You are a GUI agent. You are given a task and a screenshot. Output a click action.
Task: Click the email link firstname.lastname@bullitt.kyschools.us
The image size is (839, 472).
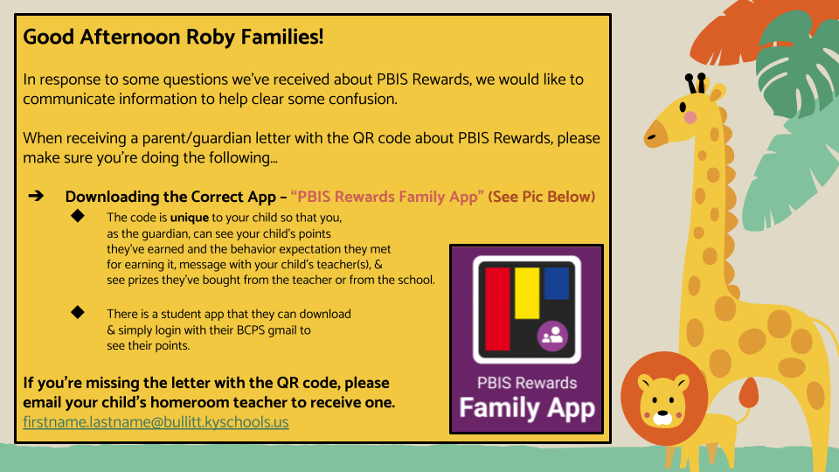click(x=156, y=421)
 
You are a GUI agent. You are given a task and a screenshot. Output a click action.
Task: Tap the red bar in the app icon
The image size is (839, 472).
click(x=497, y=309)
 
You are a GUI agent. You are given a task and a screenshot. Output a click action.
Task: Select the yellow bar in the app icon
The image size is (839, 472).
click(x=527, y=294)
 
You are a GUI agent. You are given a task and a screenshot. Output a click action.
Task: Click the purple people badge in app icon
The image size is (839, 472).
click(x=552, y=336)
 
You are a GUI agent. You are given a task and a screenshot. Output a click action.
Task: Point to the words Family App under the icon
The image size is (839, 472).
click(x=527, y=407)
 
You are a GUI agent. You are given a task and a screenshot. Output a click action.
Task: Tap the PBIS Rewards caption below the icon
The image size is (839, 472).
click(x=527, y=383)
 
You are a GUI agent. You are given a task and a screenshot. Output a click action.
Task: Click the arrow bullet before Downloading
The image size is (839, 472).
click(x=36, y=196)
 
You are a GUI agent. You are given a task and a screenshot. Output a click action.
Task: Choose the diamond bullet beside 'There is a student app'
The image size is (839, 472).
click(x=78, y=311)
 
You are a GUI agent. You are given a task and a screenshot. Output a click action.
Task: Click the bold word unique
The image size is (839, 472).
click(x=190, y=217)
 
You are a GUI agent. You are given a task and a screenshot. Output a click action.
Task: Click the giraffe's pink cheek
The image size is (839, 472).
click(x=690, y=117)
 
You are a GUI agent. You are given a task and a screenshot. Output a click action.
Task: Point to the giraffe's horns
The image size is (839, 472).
click(x=697, y=83)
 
